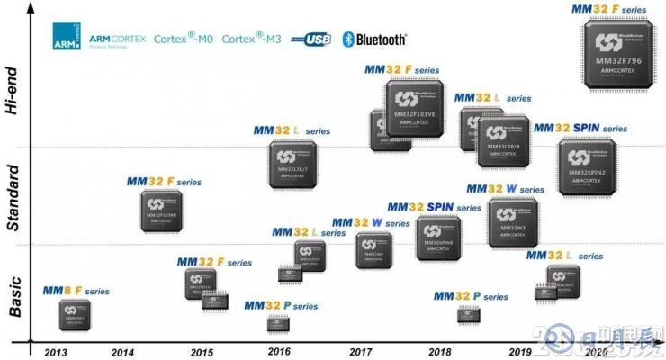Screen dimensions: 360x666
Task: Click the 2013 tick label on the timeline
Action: click(x=55, y=352)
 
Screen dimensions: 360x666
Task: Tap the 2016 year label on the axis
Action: click(x=279, y=352)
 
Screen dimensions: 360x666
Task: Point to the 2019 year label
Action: click(x=520, y=352)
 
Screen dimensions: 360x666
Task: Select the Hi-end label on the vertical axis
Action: click(x=13, y=90)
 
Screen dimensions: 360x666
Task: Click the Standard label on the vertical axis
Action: click(x=13, y=198)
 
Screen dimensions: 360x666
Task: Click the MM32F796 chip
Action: click(x=618, y=55)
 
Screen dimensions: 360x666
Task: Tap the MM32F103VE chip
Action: click(x=417, y=109)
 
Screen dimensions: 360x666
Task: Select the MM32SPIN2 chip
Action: click(x=586, y=166)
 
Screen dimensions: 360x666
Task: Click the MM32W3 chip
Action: click(x=513, y=223)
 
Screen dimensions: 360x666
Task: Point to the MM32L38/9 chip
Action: click(x=502, y=140)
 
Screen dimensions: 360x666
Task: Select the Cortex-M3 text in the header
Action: click(x=251, y=40)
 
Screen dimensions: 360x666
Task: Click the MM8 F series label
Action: click(x=76, y=291)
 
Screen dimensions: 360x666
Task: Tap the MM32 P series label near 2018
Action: click(x=470, y=296)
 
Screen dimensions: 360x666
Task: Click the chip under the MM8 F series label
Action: click(x=74, y=314)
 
